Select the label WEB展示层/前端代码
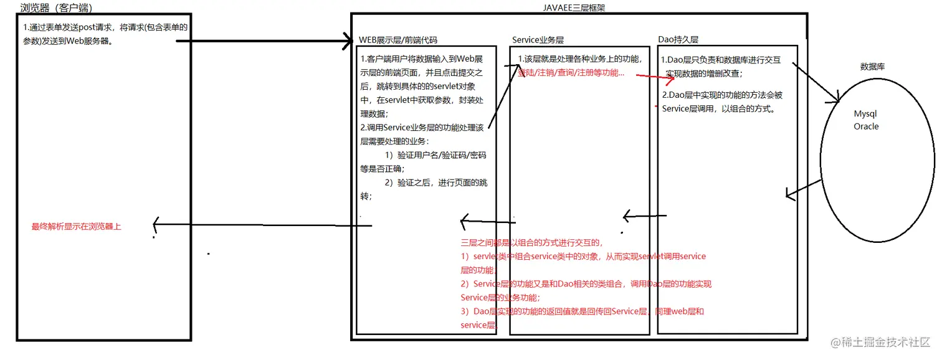398,40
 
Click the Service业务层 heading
538,40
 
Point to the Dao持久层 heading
678,40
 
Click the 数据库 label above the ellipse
873,67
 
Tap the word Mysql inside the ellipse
865,115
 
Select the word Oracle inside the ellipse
866,126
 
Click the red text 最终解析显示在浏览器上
77,227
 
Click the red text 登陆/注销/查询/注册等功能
571,73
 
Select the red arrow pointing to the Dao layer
648,78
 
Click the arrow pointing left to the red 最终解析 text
249,224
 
